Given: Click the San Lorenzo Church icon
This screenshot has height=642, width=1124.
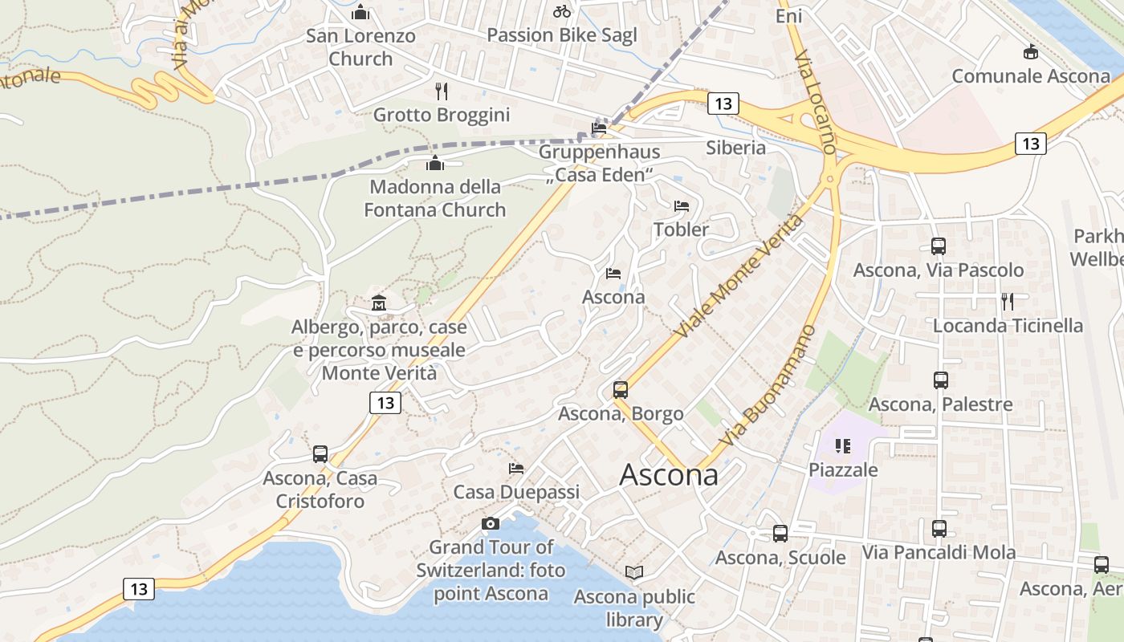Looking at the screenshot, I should tap(360, 12).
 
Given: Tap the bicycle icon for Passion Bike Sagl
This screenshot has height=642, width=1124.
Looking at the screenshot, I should tap(562, 11).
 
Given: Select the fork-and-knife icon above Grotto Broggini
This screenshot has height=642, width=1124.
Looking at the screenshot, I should tap(441, 91).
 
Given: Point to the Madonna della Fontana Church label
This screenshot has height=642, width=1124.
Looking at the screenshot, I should tap(435, 198).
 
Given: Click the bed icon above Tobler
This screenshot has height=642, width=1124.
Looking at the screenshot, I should tap(682, 206).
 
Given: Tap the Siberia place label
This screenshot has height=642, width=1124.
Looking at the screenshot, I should tap(735, 148).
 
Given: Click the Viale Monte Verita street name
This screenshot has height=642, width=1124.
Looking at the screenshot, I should tap(739, 275).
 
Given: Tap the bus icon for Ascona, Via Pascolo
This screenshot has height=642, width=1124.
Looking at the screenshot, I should tap(938, 246).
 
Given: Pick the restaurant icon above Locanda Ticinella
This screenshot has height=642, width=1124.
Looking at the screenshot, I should tap(1008, 302).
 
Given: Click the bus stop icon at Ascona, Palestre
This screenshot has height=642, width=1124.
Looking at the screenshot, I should tap(940, 380).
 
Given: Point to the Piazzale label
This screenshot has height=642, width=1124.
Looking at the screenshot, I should tap(843, 469).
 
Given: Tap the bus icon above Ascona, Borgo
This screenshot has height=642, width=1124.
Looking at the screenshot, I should tap(621, 390).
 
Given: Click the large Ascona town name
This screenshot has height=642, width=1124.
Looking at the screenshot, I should tap(669, 475).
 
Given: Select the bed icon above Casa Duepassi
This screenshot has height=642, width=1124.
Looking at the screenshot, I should tap(516, 468).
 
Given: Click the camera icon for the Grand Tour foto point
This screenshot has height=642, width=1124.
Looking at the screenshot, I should tap(491, 523).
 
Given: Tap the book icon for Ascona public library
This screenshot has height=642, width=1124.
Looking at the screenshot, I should tap(634, 572).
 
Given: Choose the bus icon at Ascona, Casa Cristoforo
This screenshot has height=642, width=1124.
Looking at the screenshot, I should tap(320, 454).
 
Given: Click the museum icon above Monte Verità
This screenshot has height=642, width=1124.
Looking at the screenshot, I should tap(379, 303).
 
